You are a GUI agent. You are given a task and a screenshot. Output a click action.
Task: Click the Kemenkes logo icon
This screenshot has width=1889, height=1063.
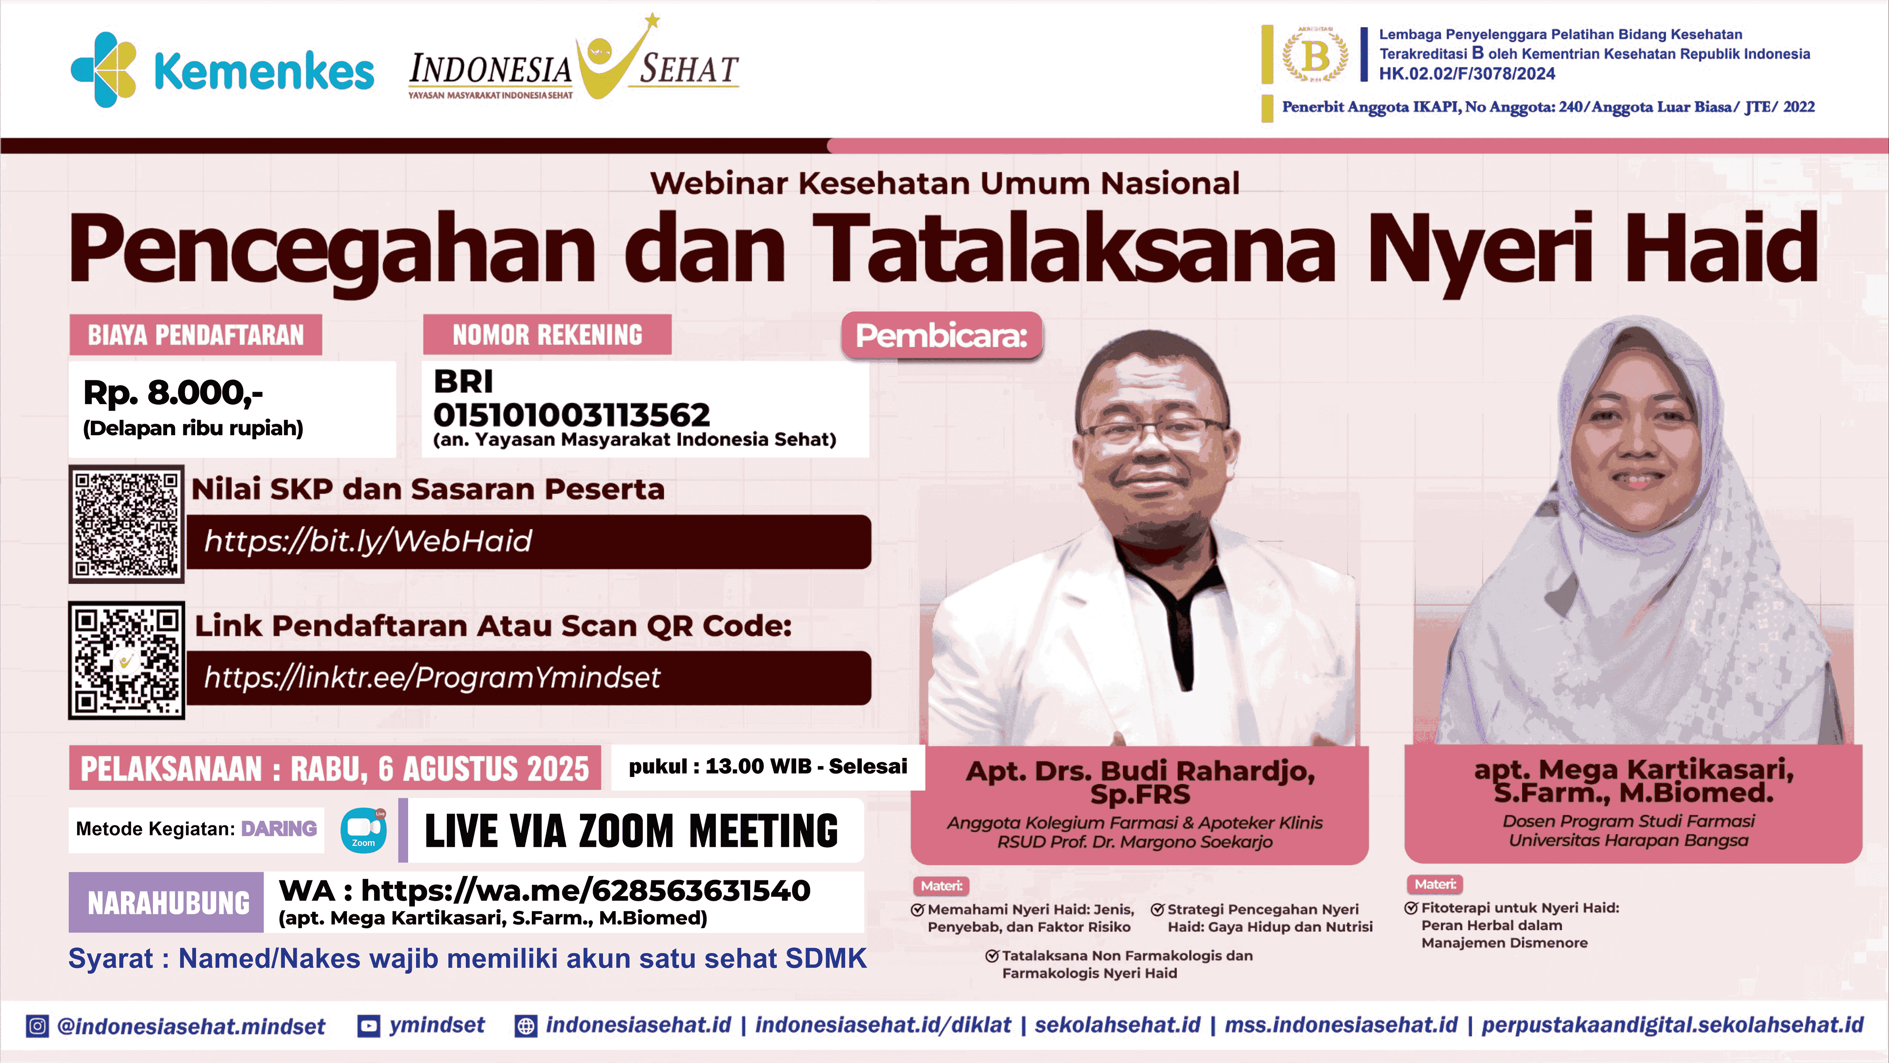pos(104,70)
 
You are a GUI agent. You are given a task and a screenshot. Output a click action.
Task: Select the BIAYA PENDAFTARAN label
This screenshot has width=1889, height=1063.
pos(196,335)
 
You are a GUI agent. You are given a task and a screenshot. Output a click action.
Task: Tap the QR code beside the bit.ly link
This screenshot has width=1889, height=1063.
pos(126,524)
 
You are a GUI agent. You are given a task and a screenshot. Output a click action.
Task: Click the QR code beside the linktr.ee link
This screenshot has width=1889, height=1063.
pos(126,660)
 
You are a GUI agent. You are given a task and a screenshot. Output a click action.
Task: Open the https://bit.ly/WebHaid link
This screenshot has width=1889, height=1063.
pos(368,542)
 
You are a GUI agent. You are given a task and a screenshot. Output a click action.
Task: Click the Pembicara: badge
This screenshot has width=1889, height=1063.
pos(942,336)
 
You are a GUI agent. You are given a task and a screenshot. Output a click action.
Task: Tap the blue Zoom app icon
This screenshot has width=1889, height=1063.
pos(363,830)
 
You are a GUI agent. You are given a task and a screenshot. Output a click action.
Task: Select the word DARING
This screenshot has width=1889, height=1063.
pos(279,829)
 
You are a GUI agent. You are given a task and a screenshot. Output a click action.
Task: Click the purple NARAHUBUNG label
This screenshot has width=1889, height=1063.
pos(167,903)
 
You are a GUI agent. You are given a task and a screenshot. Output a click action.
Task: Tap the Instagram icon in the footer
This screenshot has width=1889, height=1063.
pos(37,1025)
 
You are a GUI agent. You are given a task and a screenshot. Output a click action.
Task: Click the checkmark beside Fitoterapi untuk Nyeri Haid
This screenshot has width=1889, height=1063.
pos(1411,908)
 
